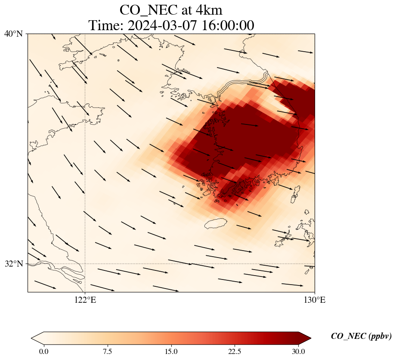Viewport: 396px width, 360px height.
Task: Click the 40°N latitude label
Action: [13, 34]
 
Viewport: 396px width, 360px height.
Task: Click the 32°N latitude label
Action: [13, 264]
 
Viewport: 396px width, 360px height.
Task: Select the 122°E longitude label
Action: [85, 300]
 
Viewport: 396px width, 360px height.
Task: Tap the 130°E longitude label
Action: [315, 300]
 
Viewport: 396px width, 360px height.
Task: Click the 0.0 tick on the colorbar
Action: [43, 351]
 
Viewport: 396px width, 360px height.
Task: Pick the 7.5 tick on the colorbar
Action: [107, 351]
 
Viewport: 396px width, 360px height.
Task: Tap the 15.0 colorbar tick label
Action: [171, 351]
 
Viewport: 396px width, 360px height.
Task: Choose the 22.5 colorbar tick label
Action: [235, 351]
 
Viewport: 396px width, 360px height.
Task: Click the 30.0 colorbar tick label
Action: [298, 351]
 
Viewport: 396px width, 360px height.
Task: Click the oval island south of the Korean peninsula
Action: [216, 223]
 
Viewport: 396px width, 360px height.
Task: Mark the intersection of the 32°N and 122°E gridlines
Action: [85, 264]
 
